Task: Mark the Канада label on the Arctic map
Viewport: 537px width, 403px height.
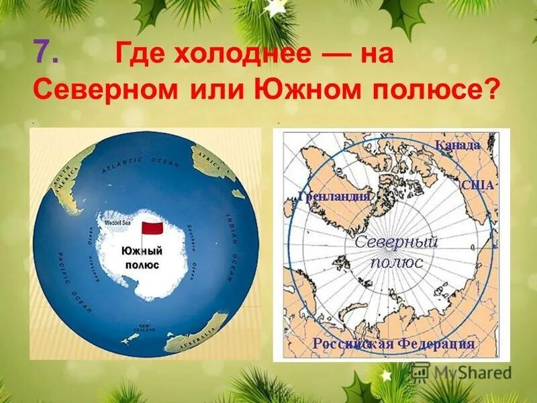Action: tap(458, 145)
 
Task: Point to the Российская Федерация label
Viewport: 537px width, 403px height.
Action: tap(393, 344)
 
